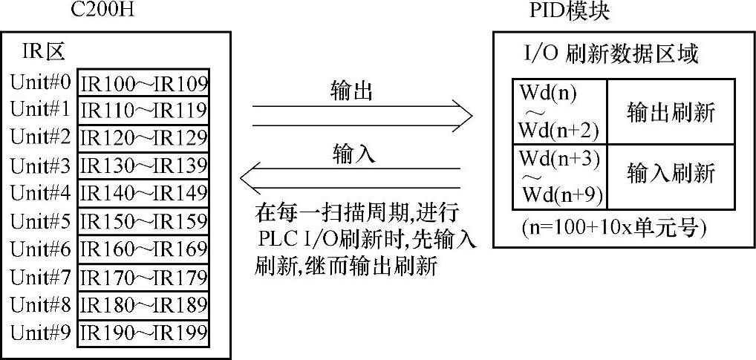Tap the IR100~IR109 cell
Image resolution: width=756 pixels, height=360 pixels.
click(143, 82)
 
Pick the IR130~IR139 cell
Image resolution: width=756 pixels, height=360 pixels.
click(143, 165)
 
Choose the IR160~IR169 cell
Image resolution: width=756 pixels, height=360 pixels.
click(143, 249)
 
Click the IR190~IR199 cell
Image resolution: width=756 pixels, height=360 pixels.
click(143, 333)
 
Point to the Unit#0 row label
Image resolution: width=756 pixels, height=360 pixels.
click(41, 81)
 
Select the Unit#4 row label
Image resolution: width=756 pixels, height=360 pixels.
click(41, 193)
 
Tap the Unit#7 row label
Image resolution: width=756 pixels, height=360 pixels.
click(41, 277)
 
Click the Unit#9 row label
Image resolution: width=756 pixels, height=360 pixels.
click(41, 332)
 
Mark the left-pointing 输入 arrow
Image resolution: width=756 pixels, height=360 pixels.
click(349, 178)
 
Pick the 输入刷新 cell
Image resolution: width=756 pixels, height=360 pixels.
click(671, 174)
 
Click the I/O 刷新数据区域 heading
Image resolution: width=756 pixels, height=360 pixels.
click(610, 55)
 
